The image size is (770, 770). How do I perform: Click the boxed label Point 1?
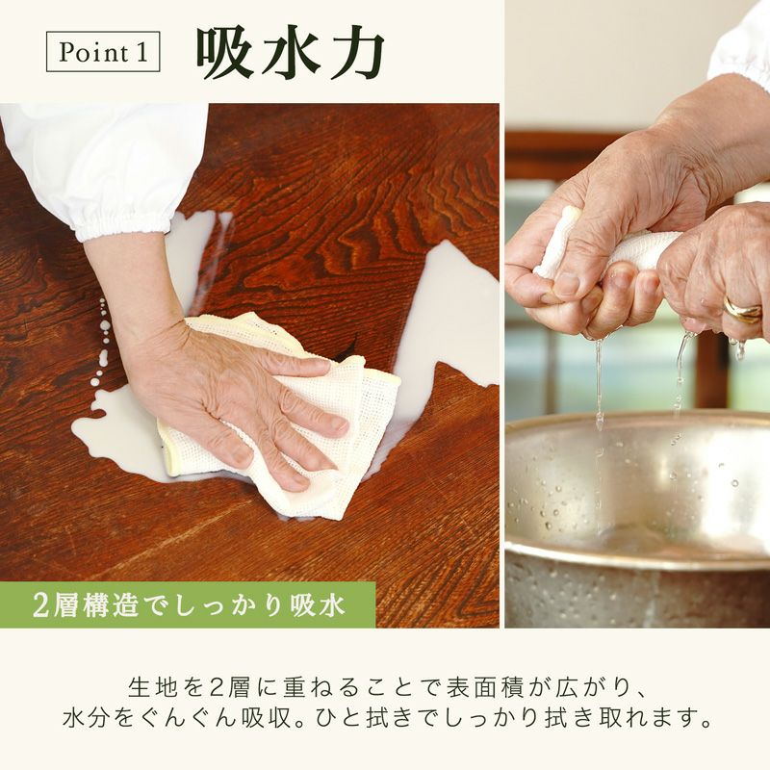click(x=103, y=52)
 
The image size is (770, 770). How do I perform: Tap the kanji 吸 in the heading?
click(x=225, y=54)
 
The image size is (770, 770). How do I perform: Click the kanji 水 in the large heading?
click(x=291, y=54)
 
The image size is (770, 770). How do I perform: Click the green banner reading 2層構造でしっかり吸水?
click(x=188, y=604)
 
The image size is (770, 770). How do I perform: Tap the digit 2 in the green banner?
click(x=41, y=605)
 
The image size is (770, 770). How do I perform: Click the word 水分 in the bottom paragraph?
click(x=87, y=718)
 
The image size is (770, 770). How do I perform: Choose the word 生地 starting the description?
click(x=152, y=688)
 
